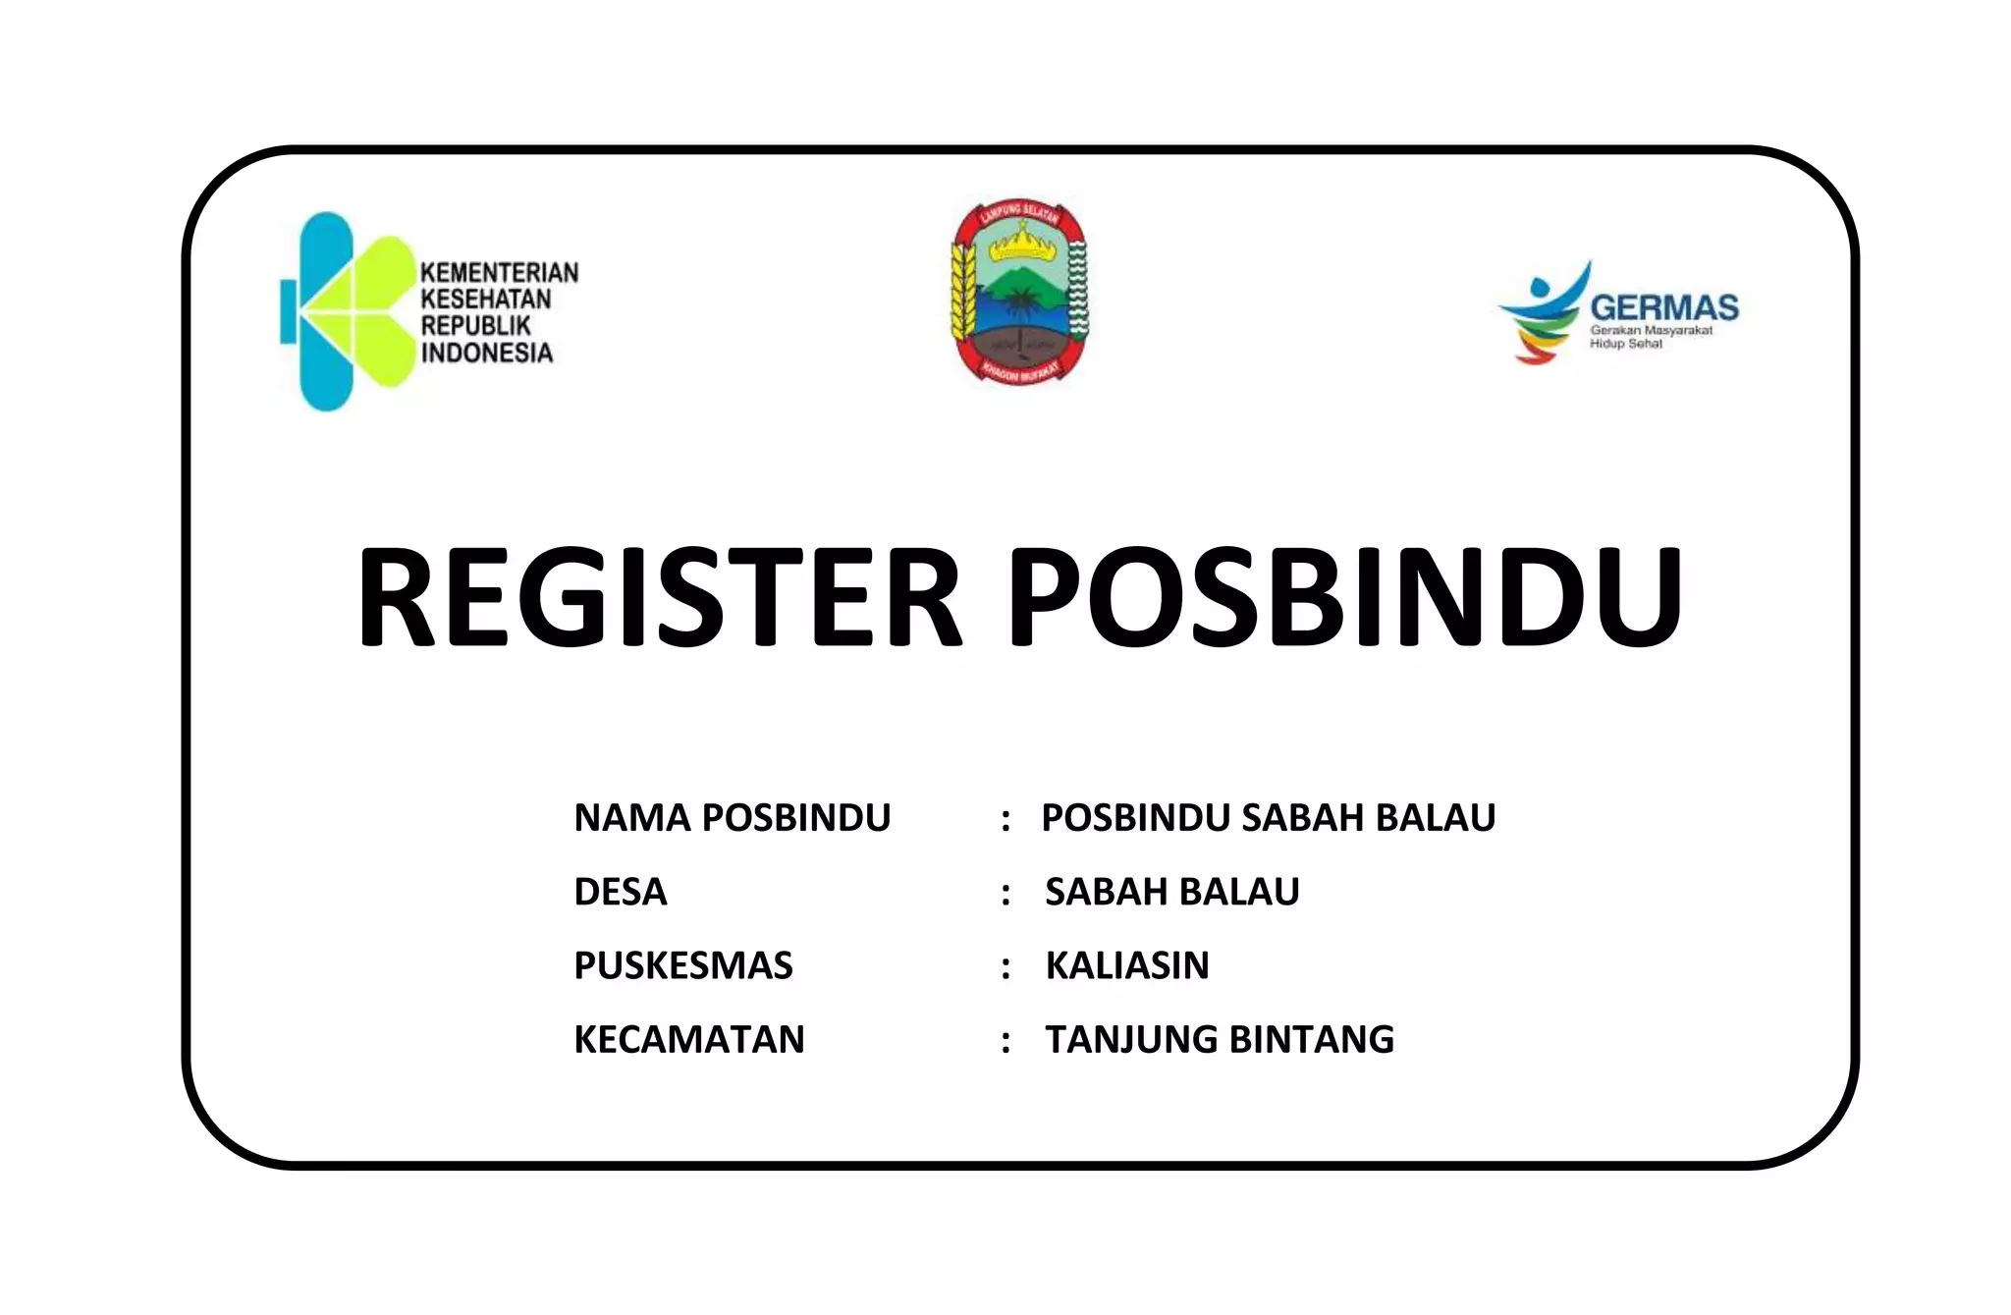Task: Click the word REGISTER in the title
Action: tap(658, 596)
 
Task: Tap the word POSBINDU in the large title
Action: tap(1345, 596)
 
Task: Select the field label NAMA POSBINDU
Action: tap(732, 818)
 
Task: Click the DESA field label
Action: tap(620, 892)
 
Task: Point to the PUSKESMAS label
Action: tap(682, 965)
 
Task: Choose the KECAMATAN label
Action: tap(688, 1039)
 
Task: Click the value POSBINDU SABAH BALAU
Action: tap(1268, 818)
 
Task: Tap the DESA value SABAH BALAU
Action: tap(1171, 892)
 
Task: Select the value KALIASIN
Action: tap(1126, 965)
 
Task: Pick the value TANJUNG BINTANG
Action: tap(1219, 1039)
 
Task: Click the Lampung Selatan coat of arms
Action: tap(1019, 292)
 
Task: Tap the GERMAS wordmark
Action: tap(1663, 307)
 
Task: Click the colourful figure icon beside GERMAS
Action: tap(1542, 312)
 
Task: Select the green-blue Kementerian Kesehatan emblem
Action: tap(344, 309)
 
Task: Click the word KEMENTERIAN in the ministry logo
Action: tap(499, 272)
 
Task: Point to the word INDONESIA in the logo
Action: tap(486, 353)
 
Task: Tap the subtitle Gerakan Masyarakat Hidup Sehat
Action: tap(1650, 337)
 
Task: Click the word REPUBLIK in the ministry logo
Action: tap(475, 326)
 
